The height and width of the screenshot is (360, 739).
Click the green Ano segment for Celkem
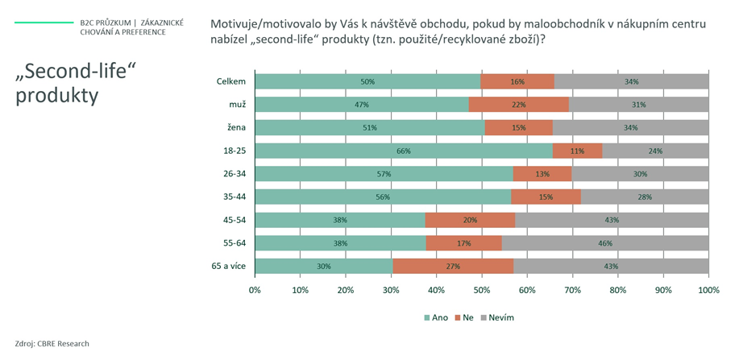tap(368, 81)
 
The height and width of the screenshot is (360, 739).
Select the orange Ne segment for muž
tap(519, 105)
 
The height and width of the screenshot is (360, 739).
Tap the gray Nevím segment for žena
tap(630, 128)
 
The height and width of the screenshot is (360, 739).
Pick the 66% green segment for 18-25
tap(404, 151)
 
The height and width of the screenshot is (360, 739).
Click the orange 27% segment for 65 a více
tap(453, 267)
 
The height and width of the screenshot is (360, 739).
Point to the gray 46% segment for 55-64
tap(605, 243)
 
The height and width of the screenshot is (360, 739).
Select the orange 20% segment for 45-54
tap(470, 220)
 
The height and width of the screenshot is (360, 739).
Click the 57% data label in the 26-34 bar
tap(384, 174)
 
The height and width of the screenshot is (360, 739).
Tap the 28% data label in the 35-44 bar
tap(645, 197)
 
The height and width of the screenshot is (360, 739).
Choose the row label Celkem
tap(231, 81)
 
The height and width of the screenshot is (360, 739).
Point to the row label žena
tap(238, 128)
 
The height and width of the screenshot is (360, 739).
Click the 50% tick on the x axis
tap(482, 290)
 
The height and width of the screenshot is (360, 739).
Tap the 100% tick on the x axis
tap(708, 290)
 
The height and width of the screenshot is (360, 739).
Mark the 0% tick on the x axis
tap(255, 290)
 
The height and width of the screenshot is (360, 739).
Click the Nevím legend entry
tap(496, 317)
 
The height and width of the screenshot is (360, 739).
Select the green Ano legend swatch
tap(427, 318)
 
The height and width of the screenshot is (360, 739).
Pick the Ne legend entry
tap(463, 317)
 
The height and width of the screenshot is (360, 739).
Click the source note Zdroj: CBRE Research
tap(52, 344)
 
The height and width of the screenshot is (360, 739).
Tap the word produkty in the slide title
tap(57, 96)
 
